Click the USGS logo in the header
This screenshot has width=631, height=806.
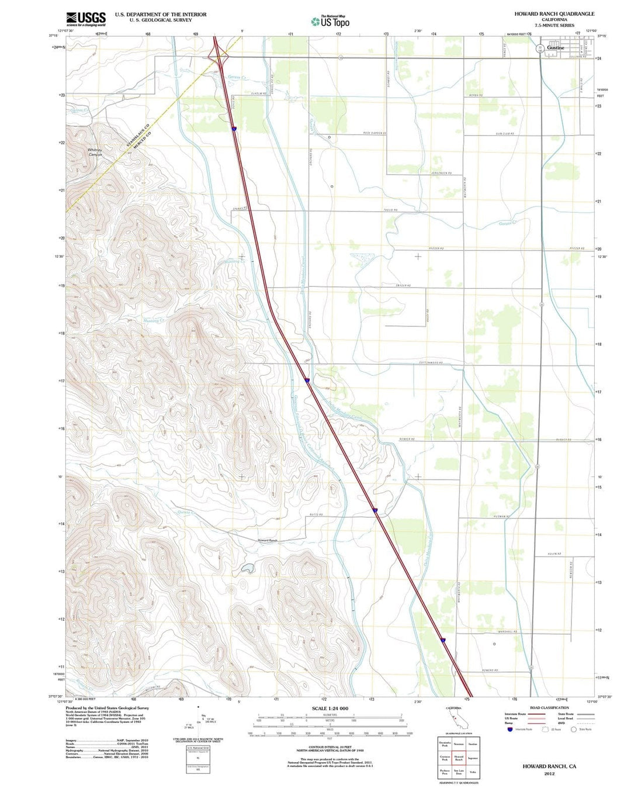(86, 19)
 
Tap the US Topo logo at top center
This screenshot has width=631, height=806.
(331, 22)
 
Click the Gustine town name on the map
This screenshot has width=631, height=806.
(556, 48)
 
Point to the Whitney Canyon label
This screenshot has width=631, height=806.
(95, 152)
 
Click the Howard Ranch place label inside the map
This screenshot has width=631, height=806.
(268, 541)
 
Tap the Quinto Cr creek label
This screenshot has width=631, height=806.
(184, 513)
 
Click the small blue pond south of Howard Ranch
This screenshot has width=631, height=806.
(248, 567)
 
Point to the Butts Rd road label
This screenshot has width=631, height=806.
(316, 514)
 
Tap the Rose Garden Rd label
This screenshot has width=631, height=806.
(375, 133)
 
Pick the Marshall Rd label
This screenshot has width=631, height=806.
(507, 632)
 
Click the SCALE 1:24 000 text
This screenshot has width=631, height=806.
(330, 708)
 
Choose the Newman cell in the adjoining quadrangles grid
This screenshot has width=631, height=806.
(459, 744)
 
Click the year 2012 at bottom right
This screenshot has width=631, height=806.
(549, 773)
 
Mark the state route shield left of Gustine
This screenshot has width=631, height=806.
(540, 48)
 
